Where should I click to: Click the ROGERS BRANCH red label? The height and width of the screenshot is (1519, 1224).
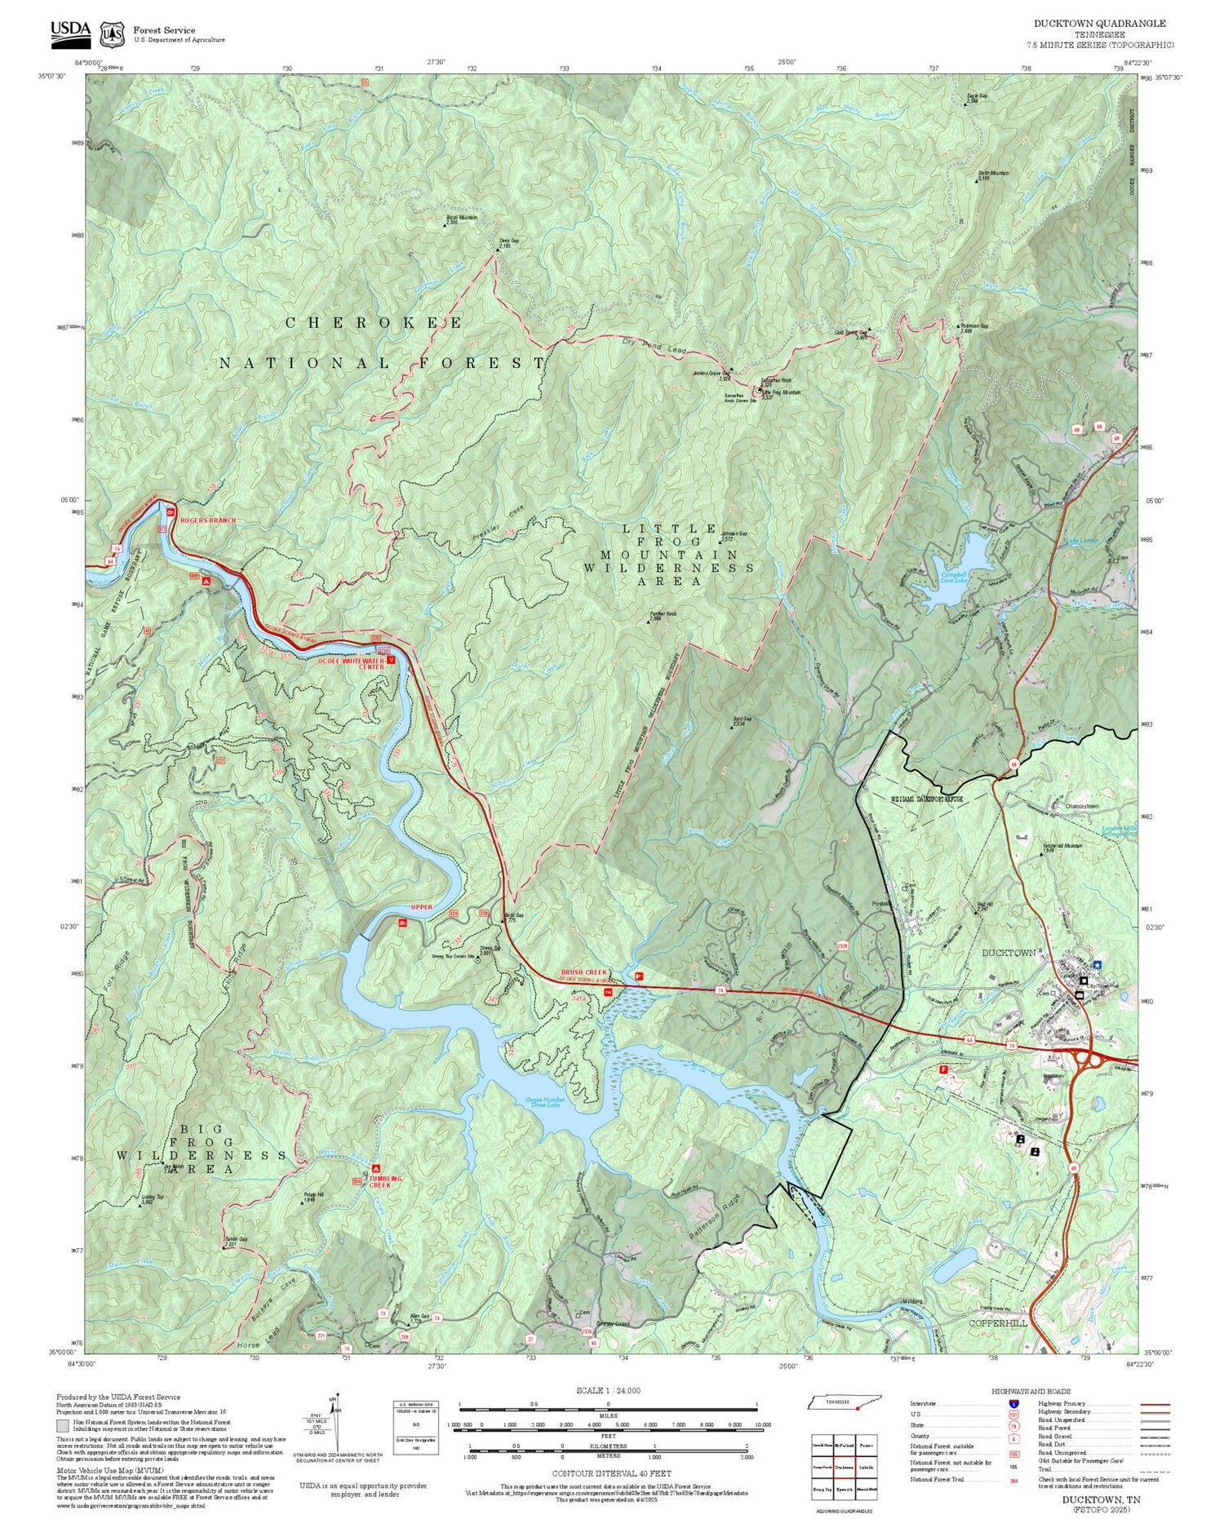pyautogui.click(x=207, y=520)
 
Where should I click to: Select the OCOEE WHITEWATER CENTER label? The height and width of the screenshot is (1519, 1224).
pyautogui.click(x=350, y=664)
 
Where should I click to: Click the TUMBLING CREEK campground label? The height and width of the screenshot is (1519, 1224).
pyautogui.click(x=384, y=1181)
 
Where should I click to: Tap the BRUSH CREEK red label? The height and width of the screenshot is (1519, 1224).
pyautogui.click(x=584, y=973)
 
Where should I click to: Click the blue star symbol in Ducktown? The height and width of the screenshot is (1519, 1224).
pyautogui.click(x=1098, y=965)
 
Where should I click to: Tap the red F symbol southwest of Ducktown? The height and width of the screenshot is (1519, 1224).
pyautogui.click(x=944, y=1069)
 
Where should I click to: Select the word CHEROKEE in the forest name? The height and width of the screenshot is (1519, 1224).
pyautogui.click(x=373, y=323)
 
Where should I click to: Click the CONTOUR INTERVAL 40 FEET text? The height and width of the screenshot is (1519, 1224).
pyautogui.click(x=611, y=1473)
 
